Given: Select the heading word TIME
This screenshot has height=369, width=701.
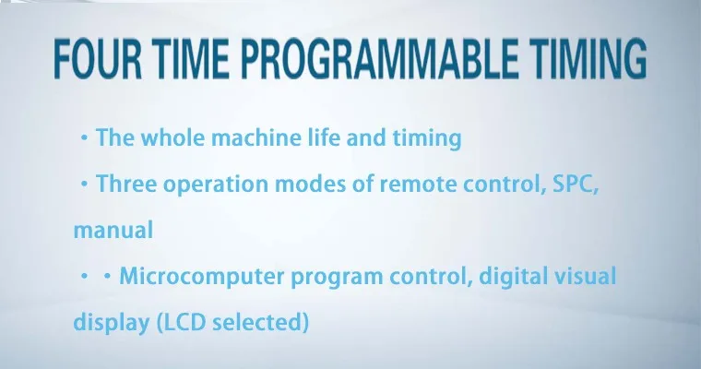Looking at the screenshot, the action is (x=193, y=59).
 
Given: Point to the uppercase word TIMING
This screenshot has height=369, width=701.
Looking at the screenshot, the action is (x=589, y=59).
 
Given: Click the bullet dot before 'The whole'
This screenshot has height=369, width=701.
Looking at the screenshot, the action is (x=84, y=138).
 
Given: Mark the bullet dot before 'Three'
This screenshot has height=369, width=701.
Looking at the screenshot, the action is (x=84, y=184).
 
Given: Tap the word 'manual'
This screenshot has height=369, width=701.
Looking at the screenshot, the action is (x=113, y=230).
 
